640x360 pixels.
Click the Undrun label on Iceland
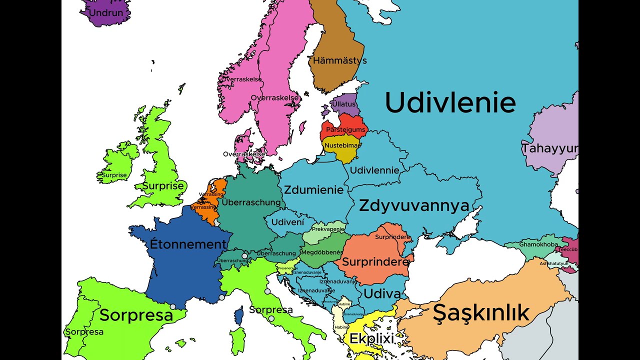[x=105, y=12]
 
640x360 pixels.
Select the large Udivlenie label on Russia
[x=450, y=103]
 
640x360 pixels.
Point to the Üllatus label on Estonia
[x=344, y=104]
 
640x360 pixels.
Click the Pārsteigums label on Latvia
[x=345, y=130]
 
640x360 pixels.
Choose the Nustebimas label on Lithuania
[x=342, y=146]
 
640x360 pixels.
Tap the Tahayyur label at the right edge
[x=550, y=148]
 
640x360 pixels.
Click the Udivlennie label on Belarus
[x=374, y=170]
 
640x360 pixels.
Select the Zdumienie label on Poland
[x=314, y=190]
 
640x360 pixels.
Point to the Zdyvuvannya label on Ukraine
[x=414, y=205]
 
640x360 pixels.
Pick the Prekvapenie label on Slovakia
[x=328, y=229]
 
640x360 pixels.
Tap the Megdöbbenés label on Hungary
[x=322, y=252]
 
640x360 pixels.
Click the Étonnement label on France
[x=188, y=244]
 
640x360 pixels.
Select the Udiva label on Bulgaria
[x=382, y=294]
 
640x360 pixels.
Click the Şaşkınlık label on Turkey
[x=480, y=313]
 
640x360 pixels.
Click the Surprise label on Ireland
[x=114, y=175]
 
